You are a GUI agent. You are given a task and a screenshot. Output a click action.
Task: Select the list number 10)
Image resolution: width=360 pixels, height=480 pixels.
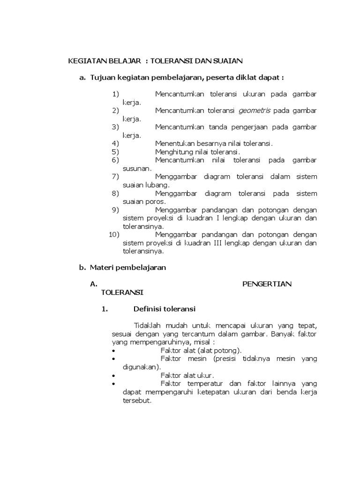[114, 234]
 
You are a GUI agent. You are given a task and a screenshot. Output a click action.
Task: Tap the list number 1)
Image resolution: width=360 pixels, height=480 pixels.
[116, 94]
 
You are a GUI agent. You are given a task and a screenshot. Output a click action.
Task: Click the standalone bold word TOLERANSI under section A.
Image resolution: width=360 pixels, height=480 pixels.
[122, 292]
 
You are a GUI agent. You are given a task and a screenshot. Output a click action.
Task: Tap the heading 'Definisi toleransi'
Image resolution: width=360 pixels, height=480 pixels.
[164, 309]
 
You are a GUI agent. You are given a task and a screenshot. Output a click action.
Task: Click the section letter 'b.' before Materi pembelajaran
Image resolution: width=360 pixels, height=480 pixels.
[82, 268]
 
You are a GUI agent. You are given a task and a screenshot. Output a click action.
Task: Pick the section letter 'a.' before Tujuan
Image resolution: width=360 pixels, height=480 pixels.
[82, 77]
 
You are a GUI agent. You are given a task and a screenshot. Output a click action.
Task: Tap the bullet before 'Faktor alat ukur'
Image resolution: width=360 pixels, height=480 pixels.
[114, 375]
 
